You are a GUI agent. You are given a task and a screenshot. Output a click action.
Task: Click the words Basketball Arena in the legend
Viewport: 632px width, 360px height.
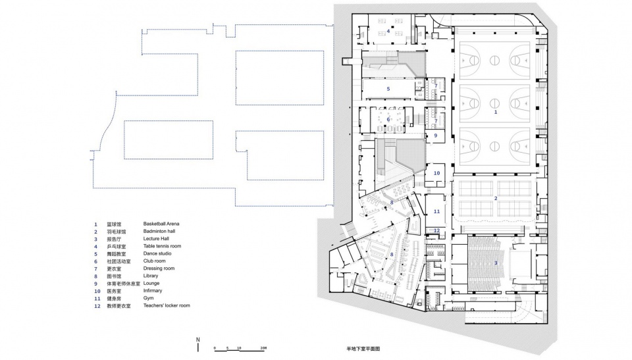(161, 224)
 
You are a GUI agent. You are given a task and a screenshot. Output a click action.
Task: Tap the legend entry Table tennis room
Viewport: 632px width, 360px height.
(162, 246)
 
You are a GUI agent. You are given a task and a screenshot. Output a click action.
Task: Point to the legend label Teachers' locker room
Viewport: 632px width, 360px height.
(167, 306)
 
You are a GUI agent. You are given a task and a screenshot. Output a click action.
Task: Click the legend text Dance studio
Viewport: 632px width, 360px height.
(157, 253)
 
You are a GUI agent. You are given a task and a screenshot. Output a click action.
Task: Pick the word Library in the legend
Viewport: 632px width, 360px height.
(151, 276)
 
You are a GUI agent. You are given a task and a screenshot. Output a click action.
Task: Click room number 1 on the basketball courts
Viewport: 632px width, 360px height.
(496, 113)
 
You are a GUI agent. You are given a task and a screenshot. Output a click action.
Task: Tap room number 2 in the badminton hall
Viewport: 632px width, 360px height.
(496, 198)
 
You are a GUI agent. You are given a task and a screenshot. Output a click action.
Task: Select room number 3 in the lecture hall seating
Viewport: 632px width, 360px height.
(496, 263)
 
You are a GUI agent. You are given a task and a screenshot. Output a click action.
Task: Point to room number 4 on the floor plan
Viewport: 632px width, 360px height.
(388, 31)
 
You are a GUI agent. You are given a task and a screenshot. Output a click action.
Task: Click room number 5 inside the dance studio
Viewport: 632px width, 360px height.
(388, 88)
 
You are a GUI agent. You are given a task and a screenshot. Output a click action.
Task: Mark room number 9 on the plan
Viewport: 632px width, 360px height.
(435, 136)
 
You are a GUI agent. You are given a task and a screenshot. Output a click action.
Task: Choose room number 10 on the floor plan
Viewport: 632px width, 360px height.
(436, 173)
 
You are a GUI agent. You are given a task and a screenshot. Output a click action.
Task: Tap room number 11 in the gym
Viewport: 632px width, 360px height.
(436, 211)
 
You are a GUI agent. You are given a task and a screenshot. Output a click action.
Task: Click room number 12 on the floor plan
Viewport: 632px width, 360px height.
(436, 230)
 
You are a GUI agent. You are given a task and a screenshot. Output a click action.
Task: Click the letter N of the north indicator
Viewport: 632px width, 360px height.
(198, 339)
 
